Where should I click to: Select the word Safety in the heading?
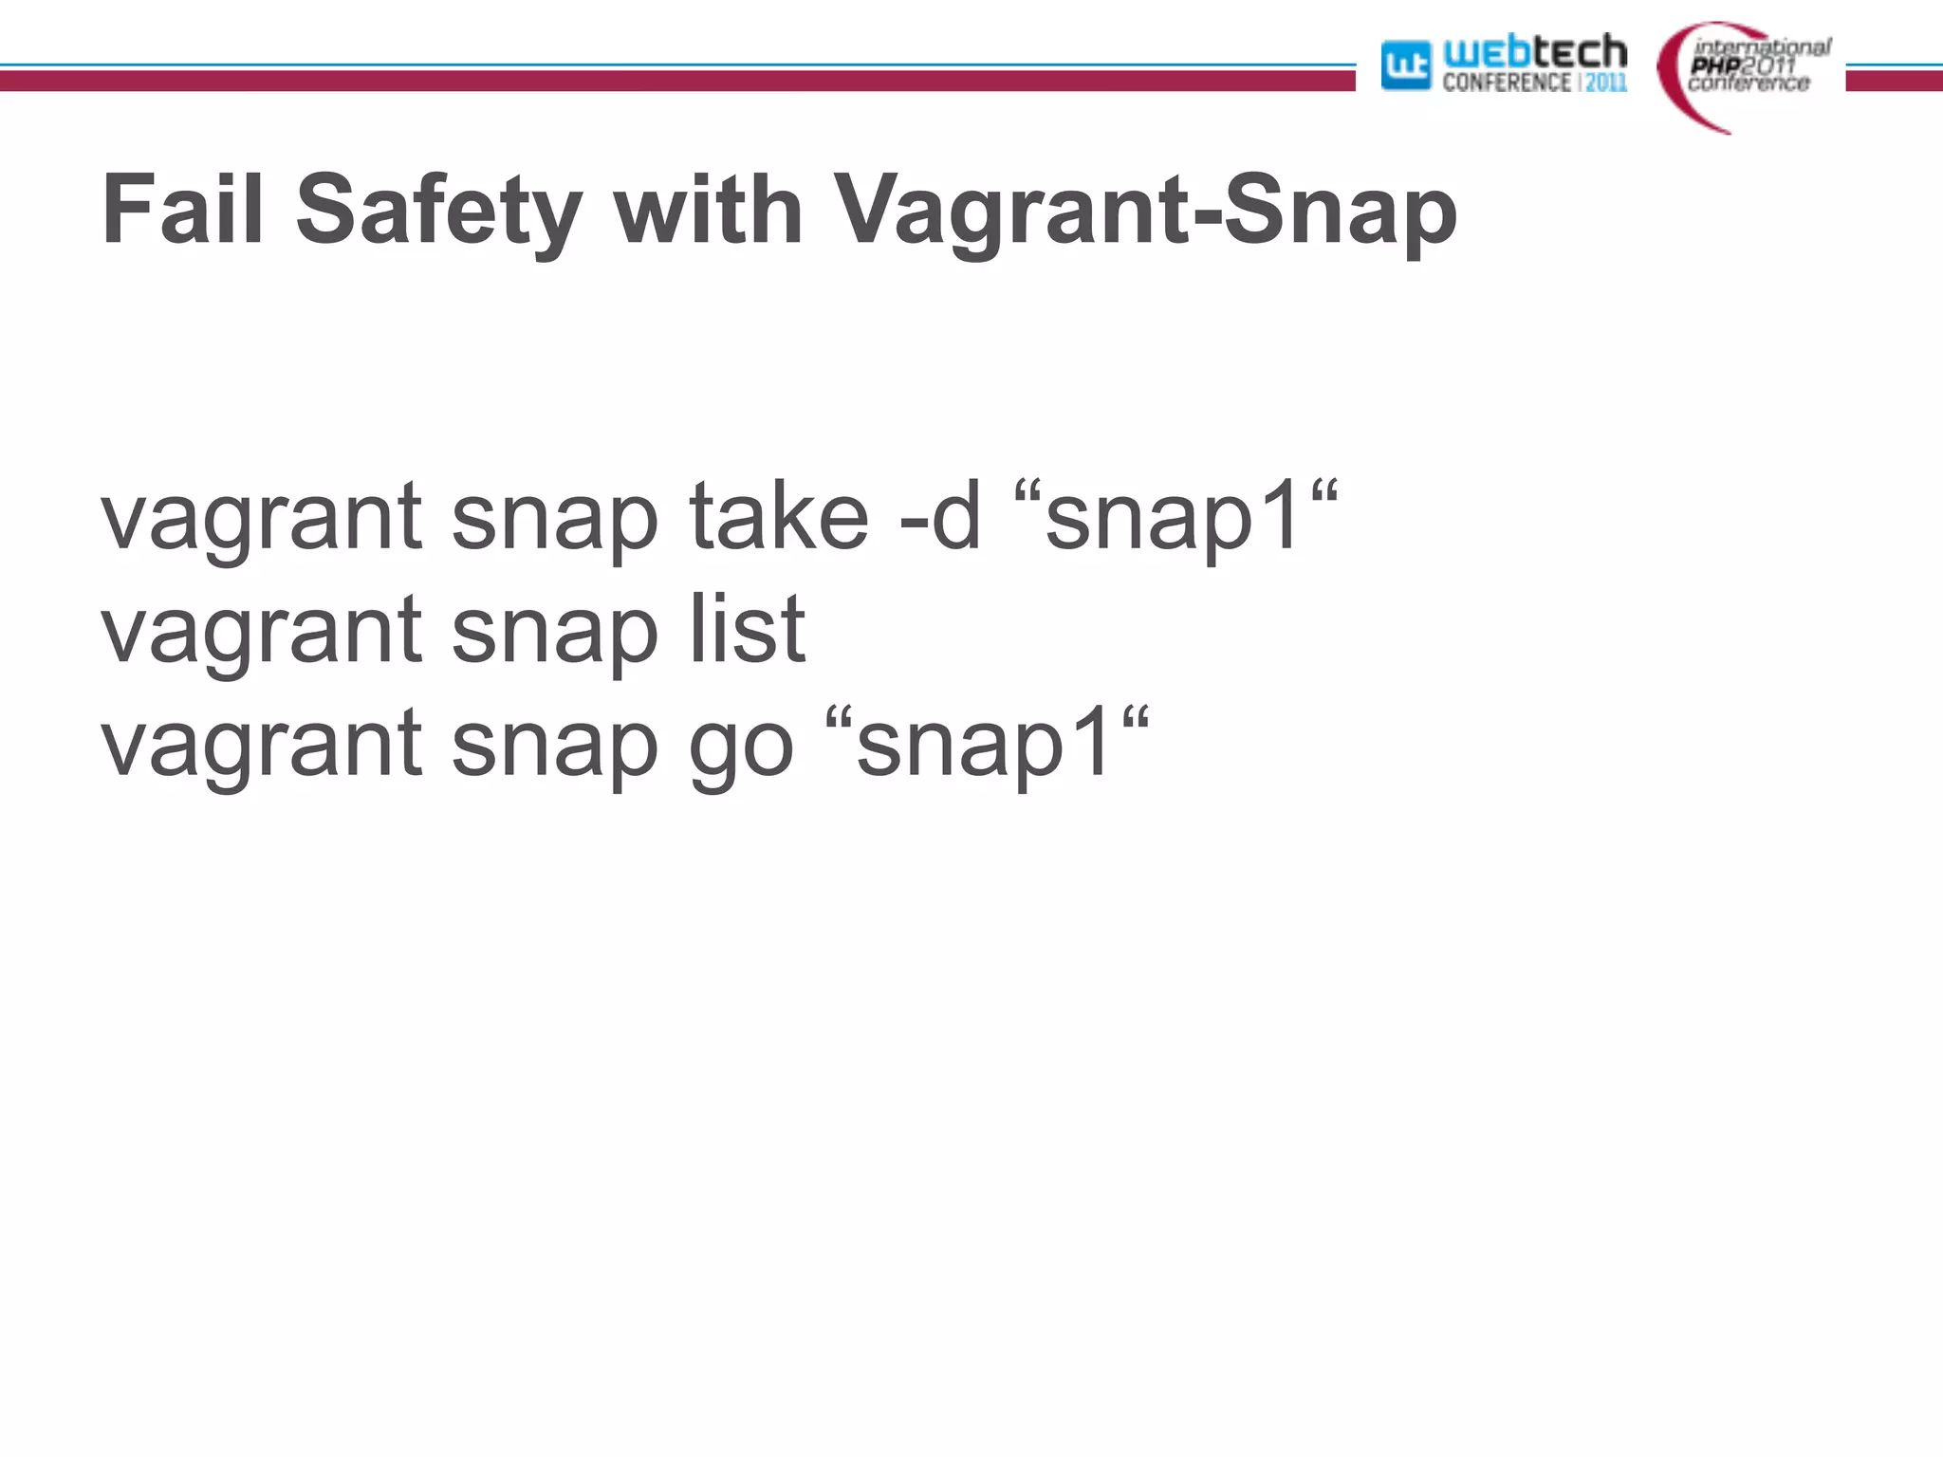[x=438, y=210]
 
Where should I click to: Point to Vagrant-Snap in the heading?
[x=1144, y=210]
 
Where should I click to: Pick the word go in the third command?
[x=740, y=745]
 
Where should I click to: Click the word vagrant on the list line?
[x=261, y=632]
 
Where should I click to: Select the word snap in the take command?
[x=554, y=520]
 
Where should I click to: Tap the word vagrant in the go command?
[x=261, y=746]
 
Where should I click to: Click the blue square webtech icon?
[x=1405, y=65]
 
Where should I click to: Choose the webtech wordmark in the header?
[x=1534, y=52]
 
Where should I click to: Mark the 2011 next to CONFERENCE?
[x=1606, y=83]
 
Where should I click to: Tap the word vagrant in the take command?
[x=261, y=519]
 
